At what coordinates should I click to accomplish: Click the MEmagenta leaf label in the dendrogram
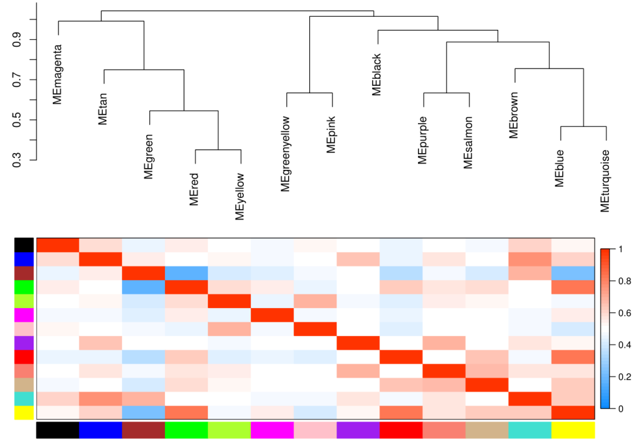point(57,74)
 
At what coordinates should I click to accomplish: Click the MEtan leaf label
point(103,109)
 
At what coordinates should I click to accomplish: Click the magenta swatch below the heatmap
point(272,430)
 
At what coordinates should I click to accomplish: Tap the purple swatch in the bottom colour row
point(358,430)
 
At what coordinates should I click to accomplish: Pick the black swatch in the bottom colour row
point(58,430)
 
